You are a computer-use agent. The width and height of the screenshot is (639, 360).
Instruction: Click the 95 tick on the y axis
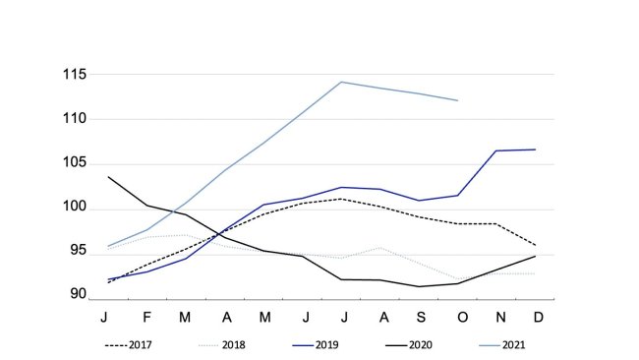pos(75,252)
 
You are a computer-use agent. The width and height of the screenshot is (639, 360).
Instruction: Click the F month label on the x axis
pos(146,317)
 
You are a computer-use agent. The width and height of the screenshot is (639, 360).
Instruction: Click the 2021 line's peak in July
pos(341,82)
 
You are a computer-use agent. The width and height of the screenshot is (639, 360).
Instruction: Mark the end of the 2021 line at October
pos(457,100)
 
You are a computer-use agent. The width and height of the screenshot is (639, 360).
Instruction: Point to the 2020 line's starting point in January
pos(107,177)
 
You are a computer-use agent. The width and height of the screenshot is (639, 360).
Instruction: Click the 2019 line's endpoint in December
pos(536,150)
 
